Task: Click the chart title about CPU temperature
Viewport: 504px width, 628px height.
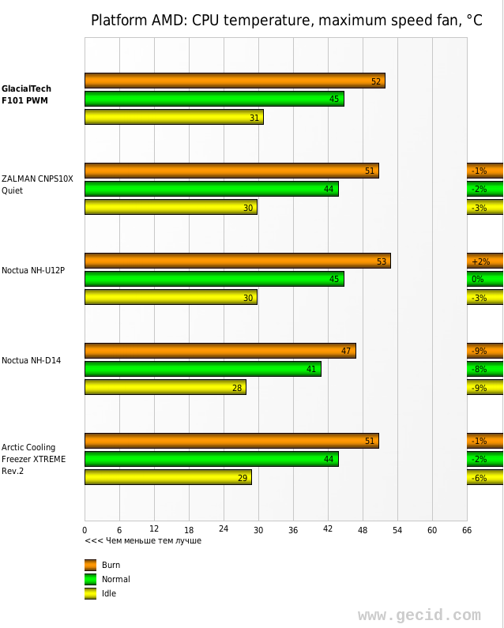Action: [286, 21]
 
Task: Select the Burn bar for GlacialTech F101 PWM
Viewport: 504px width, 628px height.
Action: [235, 81]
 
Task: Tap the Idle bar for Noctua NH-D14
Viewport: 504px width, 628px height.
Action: [165, 387]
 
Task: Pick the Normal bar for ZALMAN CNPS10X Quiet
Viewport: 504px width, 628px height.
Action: [211, 189]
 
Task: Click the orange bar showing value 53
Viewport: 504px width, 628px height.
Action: [237, 261]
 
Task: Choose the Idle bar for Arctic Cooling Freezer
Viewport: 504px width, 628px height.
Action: [167, 477]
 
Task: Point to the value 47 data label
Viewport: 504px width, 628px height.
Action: [346, 351]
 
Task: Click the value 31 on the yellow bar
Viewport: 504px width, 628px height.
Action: [254, 118]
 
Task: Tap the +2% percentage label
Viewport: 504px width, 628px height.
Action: [480, 261]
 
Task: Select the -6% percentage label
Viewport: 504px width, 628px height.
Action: [479, 478]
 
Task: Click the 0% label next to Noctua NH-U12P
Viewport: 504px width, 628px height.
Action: [478, 280]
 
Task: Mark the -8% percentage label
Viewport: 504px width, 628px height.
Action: [479, 369]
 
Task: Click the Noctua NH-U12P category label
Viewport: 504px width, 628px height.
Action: [33, 270]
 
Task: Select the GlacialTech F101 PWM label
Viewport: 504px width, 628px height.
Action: [26, 95]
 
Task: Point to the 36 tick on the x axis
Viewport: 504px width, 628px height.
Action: [293, 529]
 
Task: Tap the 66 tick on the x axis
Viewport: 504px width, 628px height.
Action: [467, 529]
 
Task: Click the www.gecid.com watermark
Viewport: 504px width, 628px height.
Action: [419, 615]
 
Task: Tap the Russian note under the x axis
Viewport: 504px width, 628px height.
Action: [143, 540]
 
